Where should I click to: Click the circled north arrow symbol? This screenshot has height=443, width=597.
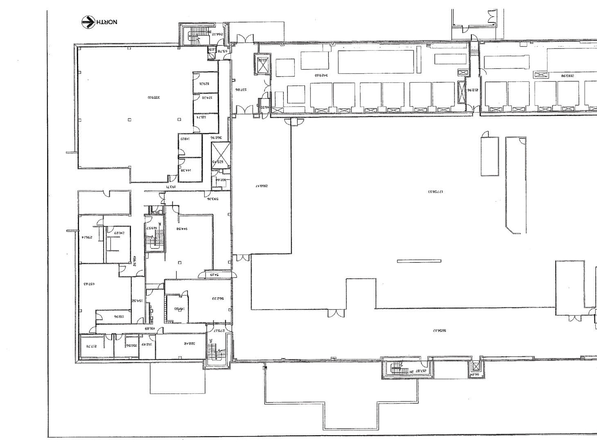coord(88,22)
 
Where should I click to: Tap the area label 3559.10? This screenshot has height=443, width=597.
coord(153,97)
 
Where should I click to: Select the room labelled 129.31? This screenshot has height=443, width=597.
coord(204,84)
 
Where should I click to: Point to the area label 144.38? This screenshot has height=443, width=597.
coord(186,170)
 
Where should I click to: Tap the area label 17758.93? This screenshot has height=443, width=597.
coord(436,191)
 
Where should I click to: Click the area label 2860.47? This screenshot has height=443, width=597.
coord(261,186)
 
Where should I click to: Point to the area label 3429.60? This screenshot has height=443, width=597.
coord(321,75)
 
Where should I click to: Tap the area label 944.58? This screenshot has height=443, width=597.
coord(181,229)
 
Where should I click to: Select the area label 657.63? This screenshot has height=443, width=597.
coord(89,283)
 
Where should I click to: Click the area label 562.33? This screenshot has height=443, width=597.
coord(218,298)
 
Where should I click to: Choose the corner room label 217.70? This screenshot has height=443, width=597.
coord(90,346)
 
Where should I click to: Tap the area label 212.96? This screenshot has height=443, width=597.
coord(473,90)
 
